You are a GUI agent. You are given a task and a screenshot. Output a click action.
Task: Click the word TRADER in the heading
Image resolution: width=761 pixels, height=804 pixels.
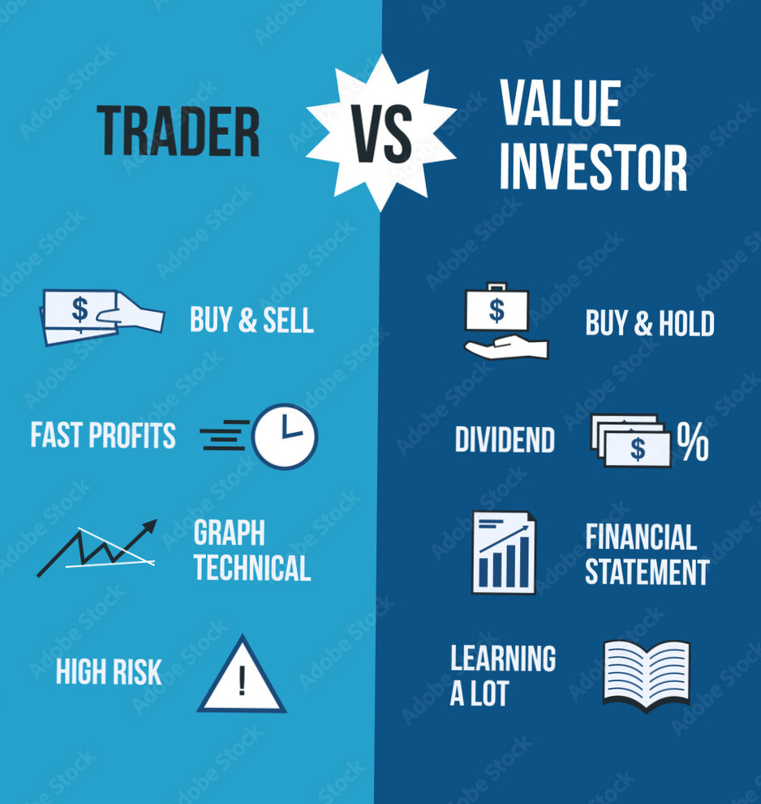point(178,132)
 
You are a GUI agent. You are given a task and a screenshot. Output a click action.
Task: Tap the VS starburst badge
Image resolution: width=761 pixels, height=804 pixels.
point(381,133)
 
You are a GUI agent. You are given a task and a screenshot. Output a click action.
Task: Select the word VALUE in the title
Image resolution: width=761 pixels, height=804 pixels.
point(561,102)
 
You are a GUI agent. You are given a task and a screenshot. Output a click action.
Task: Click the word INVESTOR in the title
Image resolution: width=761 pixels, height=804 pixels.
point(593,167)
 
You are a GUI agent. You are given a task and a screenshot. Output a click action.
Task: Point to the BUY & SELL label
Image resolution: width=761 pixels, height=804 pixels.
point(252,320)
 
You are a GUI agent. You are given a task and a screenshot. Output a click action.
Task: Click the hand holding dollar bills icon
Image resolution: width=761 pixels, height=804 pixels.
point(102,318)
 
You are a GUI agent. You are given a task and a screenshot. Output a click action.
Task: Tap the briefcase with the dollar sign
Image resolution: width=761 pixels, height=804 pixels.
point(497,307)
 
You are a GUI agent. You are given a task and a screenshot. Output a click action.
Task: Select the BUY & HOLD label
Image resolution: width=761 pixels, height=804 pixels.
point(650,323)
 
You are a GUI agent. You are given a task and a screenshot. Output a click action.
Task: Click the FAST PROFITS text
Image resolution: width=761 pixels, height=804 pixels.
point(103,435)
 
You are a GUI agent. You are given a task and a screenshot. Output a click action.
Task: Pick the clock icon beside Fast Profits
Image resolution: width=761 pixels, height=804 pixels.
point(284,436)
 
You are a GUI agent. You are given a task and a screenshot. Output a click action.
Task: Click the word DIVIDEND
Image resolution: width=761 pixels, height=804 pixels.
point(505,440)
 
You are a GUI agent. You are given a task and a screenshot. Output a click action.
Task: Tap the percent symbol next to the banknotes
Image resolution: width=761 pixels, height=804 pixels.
point(693,442)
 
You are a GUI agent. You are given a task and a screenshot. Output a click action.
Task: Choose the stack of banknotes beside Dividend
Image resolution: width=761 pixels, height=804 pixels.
point(631,441)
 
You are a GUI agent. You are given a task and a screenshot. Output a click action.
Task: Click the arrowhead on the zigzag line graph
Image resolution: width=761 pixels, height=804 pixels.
point(150,525)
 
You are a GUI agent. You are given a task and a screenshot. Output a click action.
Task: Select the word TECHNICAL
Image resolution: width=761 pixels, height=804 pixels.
point(252,568)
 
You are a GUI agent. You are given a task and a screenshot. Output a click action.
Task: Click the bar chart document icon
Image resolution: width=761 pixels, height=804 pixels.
point(503,553)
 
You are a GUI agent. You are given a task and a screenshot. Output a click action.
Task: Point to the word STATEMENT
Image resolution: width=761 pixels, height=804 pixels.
point(647,572)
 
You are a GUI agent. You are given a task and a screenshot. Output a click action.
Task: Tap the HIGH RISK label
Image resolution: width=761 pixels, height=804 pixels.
point(109,672)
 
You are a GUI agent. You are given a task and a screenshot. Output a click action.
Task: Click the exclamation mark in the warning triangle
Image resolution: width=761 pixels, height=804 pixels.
point(243,681)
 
